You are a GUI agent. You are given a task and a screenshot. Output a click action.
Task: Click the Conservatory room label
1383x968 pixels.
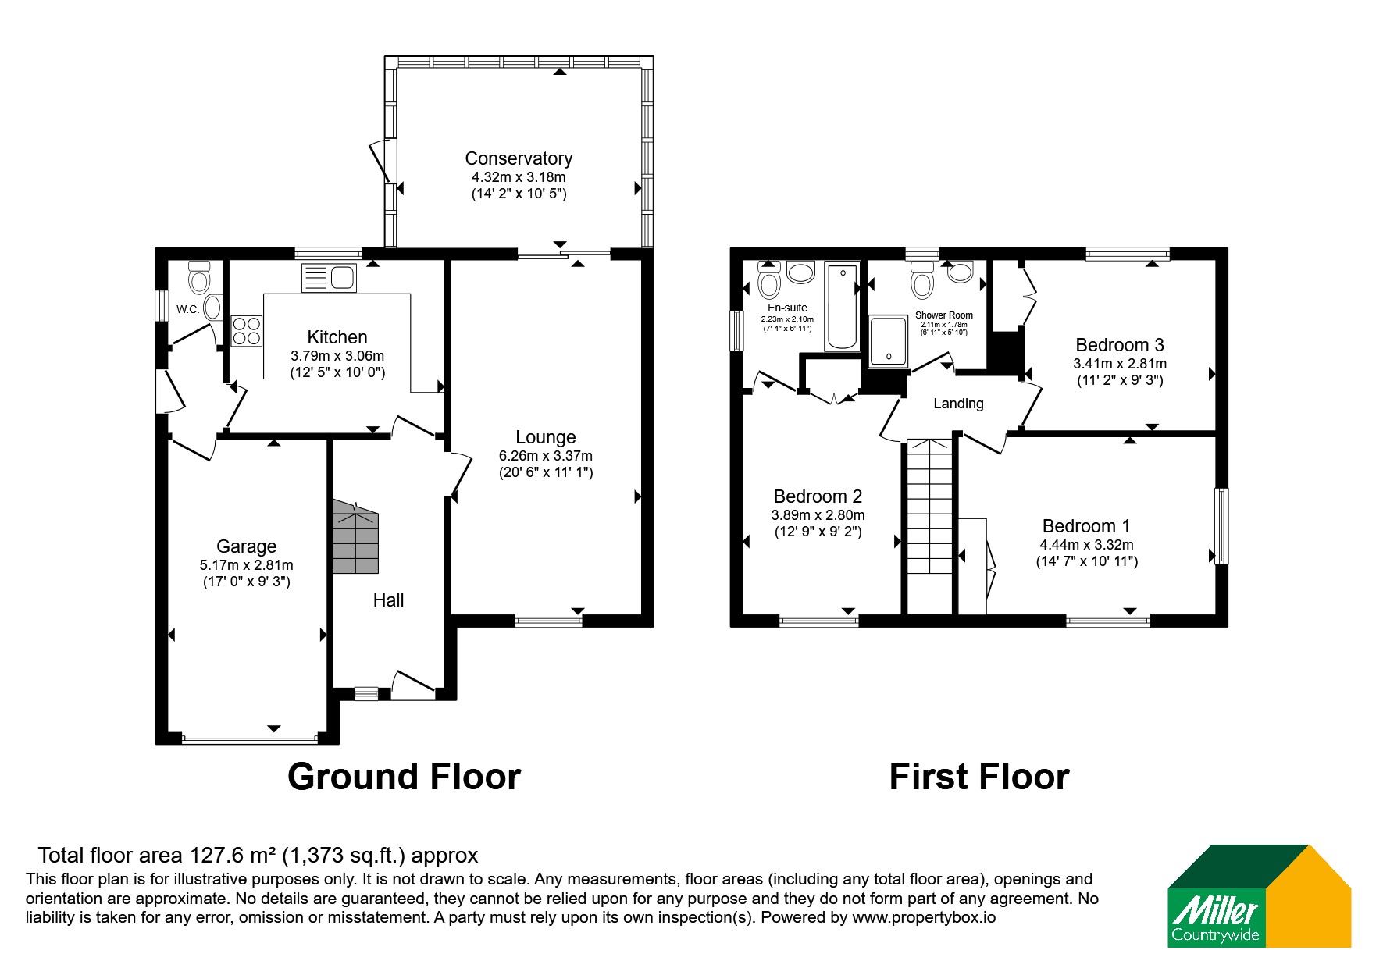[519, 158]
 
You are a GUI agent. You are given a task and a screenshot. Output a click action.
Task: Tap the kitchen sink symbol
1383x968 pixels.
[329, 277]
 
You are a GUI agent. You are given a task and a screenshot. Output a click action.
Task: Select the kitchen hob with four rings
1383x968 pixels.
[247, 330]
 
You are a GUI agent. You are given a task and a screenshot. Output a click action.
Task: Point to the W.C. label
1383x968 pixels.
[187, 309]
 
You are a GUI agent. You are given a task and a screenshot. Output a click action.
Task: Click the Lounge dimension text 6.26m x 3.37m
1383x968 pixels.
[546, 456]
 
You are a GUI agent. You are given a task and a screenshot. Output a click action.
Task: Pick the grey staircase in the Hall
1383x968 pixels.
[356, 538]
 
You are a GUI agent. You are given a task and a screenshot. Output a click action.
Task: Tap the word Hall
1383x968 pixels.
[388, 600]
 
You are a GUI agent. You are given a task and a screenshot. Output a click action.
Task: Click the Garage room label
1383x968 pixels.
[247, 546]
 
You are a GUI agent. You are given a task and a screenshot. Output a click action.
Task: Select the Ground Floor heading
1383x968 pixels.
[404, 777]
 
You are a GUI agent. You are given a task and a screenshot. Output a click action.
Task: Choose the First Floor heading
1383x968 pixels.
[979, 777]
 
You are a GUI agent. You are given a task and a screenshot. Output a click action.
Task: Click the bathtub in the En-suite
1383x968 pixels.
[841, 307]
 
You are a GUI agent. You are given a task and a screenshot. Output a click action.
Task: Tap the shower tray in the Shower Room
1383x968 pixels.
[889, 341]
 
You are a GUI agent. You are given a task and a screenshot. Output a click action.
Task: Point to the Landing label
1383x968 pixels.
[958, 404]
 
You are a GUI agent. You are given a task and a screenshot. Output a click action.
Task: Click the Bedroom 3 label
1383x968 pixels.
[1120, 345]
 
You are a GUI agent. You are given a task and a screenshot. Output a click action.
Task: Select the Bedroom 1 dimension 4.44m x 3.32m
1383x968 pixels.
[1086, 545]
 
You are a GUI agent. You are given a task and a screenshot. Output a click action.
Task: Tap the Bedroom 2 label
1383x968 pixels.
[818, 496]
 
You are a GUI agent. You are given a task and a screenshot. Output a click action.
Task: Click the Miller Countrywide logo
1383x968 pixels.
[1259, 896]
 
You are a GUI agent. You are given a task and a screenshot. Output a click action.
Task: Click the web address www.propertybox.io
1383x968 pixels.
[924, 917]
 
